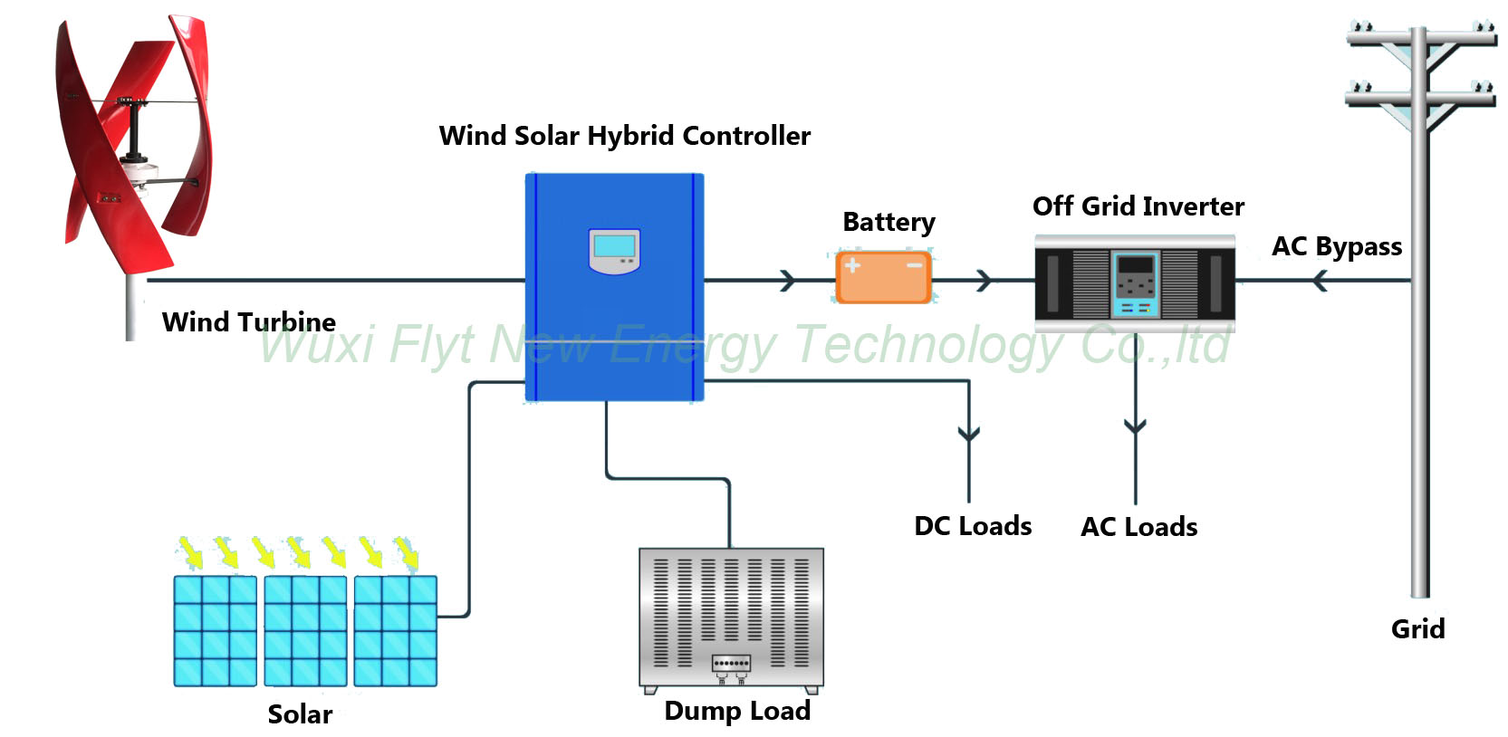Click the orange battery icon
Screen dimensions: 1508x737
(883, 277)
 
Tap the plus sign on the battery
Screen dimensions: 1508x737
(852, 265)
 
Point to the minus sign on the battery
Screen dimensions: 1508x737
(914, 265)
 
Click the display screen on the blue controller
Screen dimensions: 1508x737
(614, 246)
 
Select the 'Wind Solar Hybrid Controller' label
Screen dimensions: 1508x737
(625, 136)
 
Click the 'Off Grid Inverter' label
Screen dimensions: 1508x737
(1138, 206)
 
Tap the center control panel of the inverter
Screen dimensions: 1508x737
(1135, 284)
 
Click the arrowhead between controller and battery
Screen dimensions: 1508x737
(787, 280)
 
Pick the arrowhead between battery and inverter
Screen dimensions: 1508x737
(984, 280)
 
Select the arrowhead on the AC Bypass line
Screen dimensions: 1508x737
(1321, 280)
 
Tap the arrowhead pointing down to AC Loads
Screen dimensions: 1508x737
(1135, 426)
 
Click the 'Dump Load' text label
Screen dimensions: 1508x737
(737, 712)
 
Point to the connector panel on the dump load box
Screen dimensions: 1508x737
(731, 664)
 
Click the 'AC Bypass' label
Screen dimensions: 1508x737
(1337, 247)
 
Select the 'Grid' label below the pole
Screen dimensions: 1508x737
(1417, 628)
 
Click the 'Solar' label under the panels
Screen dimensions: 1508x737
(301, 714)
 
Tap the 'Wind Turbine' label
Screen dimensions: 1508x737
(249, 322)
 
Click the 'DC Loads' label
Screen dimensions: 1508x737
(973, 526)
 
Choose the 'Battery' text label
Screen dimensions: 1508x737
(888, 223)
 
